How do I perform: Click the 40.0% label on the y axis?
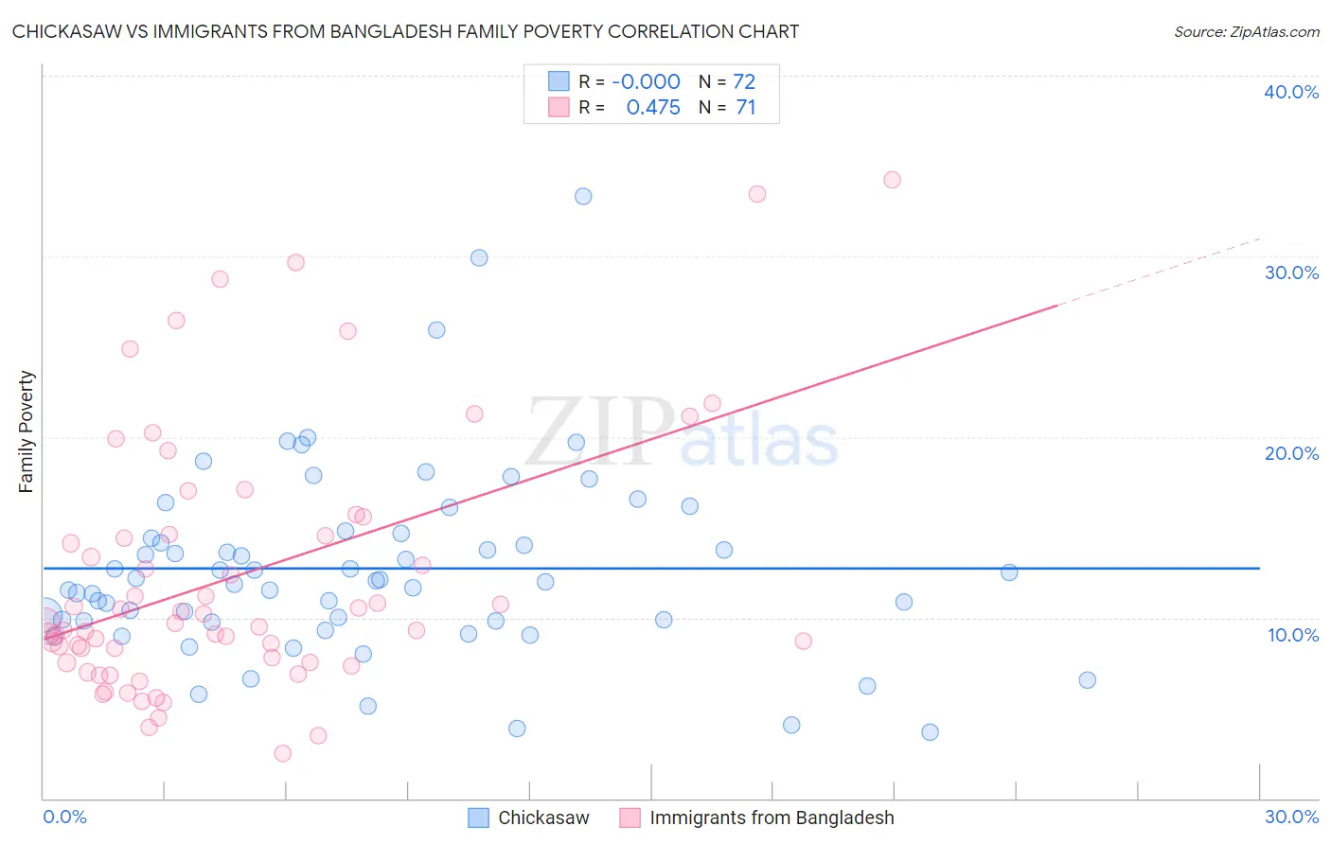pyautogui.click(x=1291, y=92)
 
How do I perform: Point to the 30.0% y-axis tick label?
pyautogui.click(x=1291, y=273)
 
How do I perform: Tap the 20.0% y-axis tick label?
pyautogui.click(x=1291, y=453)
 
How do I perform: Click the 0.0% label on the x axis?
pyautogui.click(x=64, y=817)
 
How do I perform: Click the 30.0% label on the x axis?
pyautogui.click(x=1291, y=817)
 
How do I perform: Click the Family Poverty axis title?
pyautogui.click(x=27, y=431)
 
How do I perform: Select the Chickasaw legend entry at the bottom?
pyautogui.click(x=529, y=818)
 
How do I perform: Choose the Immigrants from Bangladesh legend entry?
pyautogui.click(x=757, y=818)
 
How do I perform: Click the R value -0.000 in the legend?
pyautogui.click(x=646, y=82)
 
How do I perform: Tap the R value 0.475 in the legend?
pyautogui.click(x=653, y=108)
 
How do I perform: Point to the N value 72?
pyautogui.click(x=744, y=82)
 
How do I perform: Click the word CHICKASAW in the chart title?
pyautogui.click(x=69, y=31)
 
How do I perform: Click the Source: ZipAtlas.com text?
pyautogui.click(x=1246, y=31)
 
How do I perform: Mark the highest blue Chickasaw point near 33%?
pyautogui.click(x=583, y=196)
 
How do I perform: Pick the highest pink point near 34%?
pyautogui.click(x=892, y=180)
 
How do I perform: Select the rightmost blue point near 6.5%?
pyautogui.click(x=1087, y=679)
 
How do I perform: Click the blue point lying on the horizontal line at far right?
pyautogui.click(x=1009, y=572)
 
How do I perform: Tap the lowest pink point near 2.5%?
pyautogui.click(x=282, y=753)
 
